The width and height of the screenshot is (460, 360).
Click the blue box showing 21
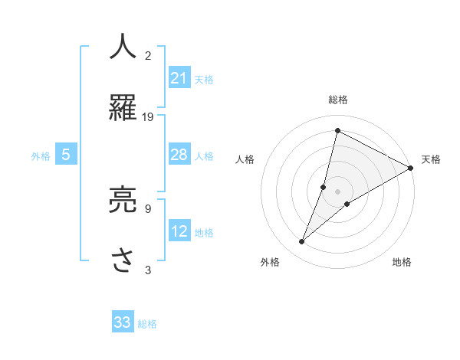pyautogui.click(x=179, y=77)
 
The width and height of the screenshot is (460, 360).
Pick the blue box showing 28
pyautogui.click(x=179, y=155)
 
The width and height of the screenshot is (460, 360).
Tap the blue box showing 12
pyautogui.click(x=179, y=231)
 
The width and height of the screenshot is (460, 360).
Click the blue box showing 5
pyautogui.click(x=66, y=155)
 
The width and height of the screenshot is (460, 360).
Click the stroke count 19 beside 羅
pyautogui.click(x=148, y=116)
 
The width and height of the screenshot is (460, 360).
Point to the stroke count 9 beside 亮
pyautogui.click(x=147, y=208)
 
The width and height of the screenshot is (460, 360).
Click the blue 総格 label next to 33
pyautogui.click(x=147, y=324)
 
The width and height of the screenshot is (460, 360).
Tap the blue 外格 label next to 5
pyautogui.click(x=41, y=156)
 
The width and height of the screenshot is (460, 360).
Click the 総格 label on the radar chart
pyautogui.click(x=337, y=100)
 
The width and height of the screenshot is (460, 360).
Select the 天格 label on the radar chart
pyautogui.click(x=431, y=159)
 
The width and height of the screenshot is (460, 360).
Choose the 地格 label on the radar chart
pyautogui.click(x=402, y=262)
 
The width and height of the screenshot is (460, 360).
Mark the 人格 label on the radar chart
pyautogui.click(x=245, y=159)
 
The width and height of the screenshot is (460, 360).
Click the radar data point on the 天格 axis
pyautogui.click(x=411, y=168)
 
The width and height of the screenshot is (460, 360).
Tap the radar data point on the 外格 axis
pyautogui.click(x=302, y=242)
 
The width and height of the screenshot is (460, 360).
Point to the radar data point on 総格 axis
pyautogui.click(x=337, y=131)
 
